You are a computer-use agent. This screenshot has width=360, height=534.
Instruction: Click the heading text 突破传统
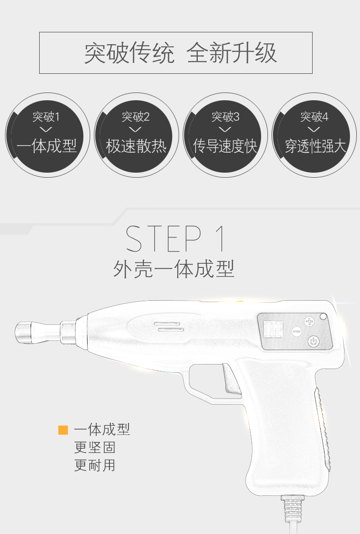click(x=129, y=53)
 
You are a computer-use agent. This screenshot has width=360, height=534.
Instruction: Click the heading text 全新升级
click(x=231, y=53)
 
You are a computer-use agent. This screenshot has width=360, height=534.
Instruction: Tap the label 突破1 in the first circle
click(x=46, y=117)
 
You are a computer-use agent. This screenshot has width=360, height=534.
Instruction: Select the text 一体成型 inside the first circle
click(x=46, y=146)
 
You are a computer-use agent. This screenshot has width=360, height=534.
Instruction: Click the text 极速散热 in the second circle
click(x=136, y=146)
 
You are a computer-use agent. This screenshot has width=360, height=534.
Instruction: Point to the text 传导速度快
click(x=225, y=146)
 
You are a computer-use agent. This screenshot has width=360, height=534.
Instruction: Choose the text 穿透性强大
click(x=315, y=146)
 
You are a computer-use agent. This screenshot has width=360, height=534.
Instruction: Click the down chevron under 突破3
click(x=225, y=129)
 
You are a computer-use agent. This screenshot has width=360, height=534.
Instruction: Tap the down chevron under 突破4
click(x=314, y=129)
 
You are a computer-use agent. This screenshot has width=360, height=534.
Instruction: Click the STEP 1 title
click(x=176, y=238)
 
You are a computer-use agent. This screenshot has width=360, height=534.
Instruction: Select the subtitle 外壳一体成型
click(x=174, y=269)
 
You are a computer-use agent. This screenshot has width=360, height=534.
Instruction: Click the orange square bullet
click(x=63, y=430)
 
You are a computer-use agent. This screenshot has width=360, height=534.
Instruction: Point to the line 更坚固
click(x=95, y=447)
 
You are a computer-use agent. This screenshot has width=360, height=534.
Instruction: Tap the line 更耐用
click(x=95, y=465)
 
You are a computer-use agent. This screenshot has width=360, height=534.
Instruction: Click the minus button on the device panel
click(x=297, y=331)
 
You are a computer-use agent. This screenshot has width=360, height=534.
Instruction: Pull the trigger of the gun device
click(x=231, y=379)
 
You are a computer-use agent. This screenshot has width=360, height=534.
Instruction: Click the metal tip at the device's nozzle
click(x=23, y=332)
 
